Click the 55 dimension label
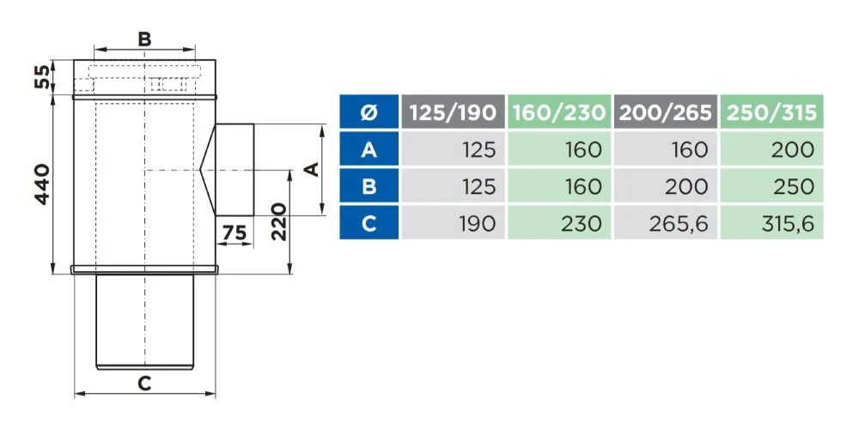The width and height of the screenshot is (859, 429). (41, 76)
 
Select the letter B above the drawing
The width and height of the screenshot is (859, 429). (144, 39)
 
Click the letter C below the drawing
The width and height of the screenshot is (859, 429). (144, 384)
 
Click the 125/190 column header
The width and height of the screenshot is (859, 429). (453, 112)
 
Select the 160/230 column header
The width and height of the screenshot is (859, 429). (559, 112)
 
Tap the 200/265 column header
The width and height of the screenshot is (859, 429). (666, 112)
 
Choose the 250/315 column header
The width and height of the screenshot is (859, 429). (771, 112)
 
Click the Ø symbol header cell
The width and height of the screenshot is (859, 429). (369, 112)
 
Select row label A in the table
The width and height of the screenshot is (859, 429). (369, 150)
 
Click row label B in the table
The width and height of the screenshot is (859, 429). (369, 187)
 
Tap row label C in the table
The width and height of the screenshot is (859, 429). (369, 224)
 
